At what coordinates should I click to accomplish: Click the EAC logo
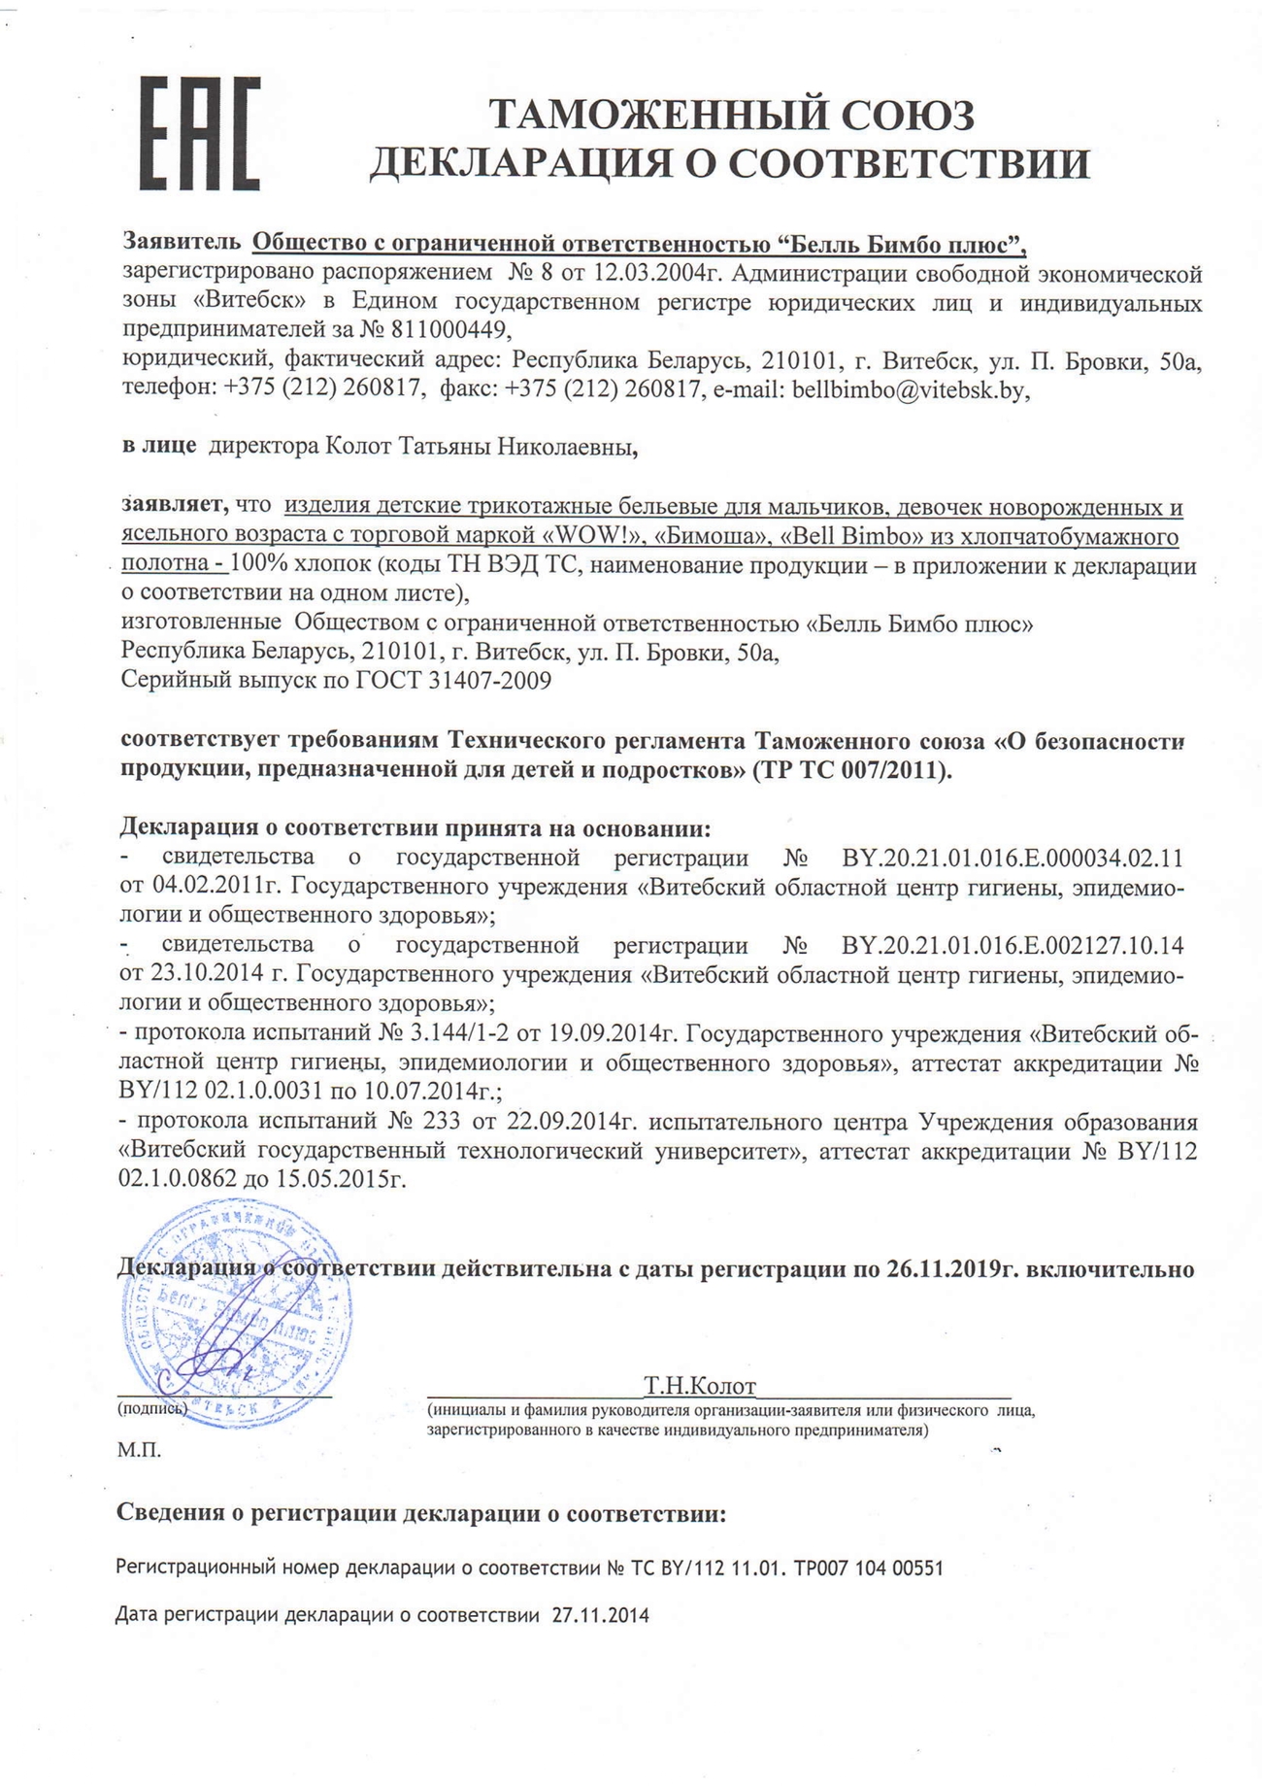(200, 134)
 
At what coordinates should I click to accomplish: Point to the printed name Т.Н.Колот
(699, 1386)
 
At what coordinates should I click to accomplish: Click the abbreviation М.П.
(139, 1451)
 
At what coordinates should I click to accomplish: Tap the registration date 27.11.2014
(600, 1616)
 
